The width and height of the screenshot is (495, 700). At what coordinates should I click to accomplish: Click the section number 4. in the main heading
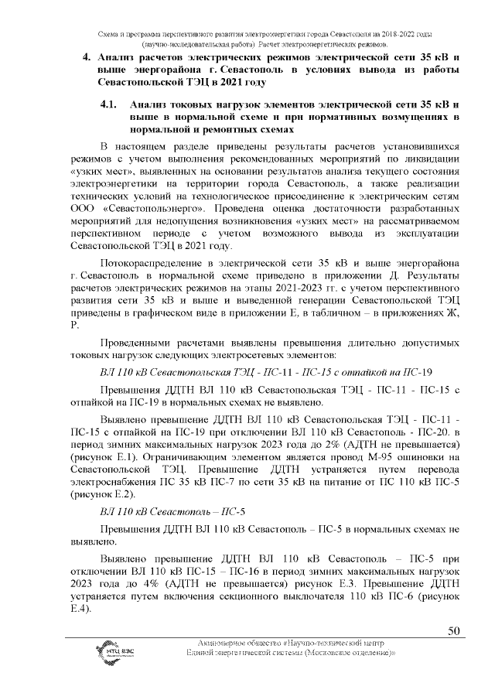click(x=87, y=56)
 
